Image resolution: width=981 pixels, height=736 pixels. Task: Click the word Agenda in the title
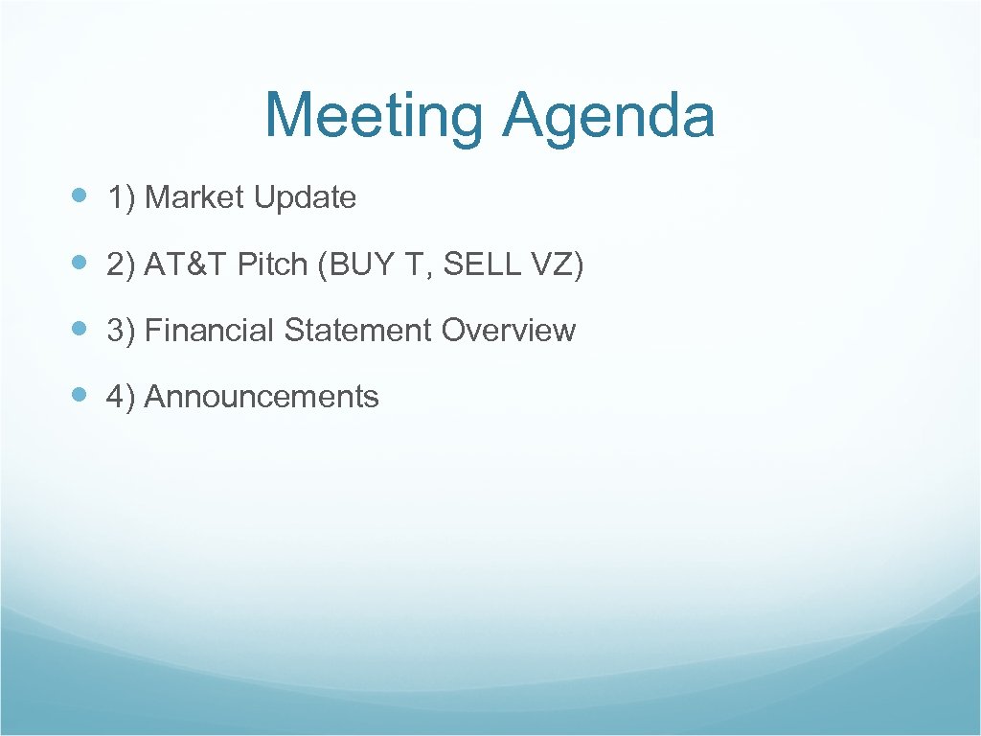(x=607, y=117)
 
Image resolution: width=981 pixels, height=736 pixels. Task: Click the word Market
(x=194, y=197)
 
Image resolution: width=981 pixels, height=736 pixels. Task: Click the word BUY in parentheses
(x=351, y=264)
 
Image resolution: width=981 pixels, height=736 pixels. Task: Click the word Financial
(x=210, y=331)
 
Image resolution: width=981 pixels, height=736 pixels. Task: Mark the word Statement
(x=358, y=331)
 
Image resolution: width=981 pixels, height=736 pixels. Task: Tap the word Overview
(x=509, y=331)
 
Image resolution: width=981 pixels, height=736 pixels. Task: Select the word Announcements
(x=262, y=397)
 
